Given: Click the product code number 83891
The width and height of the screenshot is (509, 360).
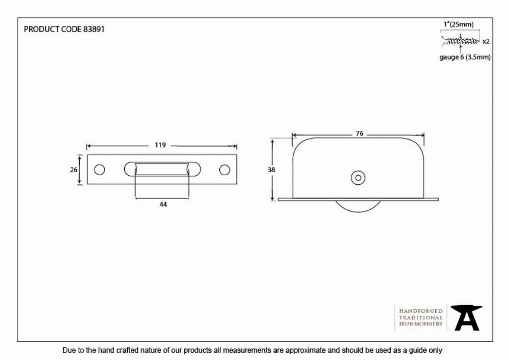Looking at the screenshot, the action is pos(94,29).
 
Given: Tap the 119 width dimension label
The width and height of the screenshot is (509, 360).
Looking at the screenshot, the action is pos(160,145).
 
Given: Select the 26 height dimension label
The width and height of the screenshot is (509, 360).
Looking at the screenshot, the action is pos(74,170).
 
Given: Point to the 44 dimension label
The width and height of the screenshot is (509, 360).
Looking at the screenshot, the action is pos(163,204).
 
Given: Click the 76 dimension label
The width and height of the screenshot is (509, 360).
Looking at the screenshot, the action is pos(359,133).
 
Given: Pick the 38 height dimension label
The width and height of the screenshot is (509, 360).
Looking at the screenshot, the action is pos(271,170).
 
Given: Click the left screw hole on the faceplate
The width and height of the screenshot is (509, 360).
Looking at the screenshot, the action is pos(99,170).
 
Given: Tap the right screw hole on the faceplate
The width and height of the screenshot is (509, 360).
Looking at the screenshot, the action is pos(224,170).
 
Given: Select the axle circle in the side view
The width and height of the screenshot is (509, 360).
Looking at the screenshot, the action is pos(358,178).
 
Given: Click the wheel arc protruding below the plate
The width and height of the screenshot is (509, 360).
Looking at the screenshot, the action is pos(358,212).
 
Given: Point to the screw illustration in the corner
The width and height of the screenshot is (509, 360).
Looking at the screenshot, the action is pos(460,41).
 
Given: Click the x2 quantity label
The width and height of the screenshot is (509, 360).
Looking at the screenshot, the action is pos(486,42).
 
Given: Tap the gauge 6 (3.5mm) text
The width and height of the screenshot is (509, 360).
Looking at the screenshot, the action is pos(465,57).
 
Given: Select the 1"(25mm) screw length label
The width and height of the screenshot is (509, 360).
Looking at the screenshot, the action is pos(459,24).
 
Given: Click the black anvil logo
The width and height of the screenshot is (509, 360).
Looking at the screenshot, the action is pos(466,318).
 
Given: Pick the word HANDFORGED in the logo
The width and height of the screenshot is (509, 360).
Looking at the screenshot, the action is pos(421,311).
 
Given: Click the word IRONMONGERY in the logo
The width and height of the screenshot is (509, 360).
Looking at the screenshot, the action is pos(421,324).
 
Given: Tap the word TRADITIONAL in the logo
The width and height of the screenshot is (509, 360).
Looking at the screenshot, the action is pos(421,317).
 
